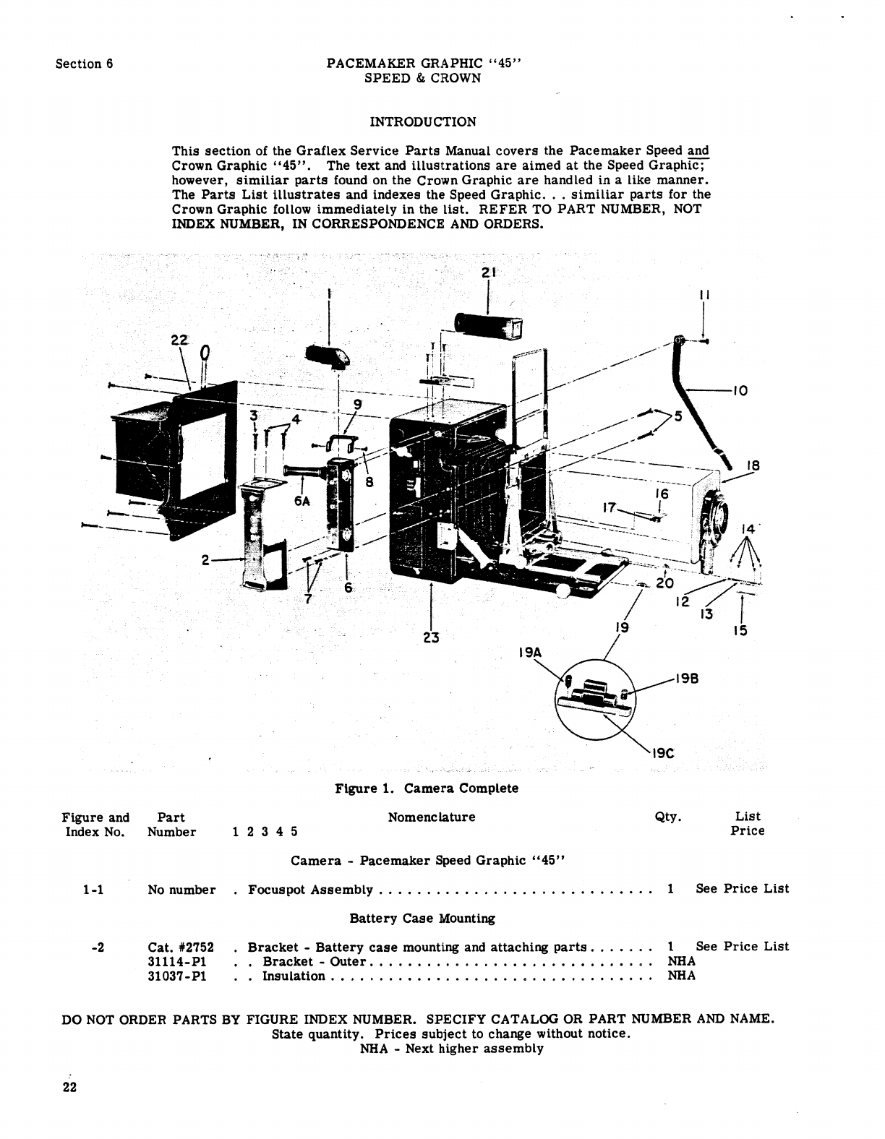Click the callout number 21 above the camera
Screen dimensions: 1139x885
[489, 273]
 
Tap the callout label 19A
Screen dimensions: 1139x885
[530, 652]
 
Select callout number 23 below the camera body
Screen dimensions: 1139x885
[432, 637]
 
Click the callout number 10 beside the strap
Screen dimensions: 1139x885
[739, 391]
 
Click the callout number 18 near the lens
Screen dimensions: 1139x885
[753, 466]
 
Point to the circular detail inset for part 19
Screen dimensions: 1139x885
[596, 699]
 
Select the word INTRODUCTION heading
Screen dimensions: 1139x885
[423, 121]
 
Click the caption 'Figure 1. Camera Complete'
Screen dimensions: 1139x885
[427, 788]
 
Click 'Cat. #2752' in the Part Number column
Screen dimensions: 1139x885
[181, 947]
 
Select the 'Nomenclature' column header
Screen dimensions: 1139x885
[432, 817]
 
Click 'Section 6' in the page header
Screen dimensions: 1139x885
[85, 64]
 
